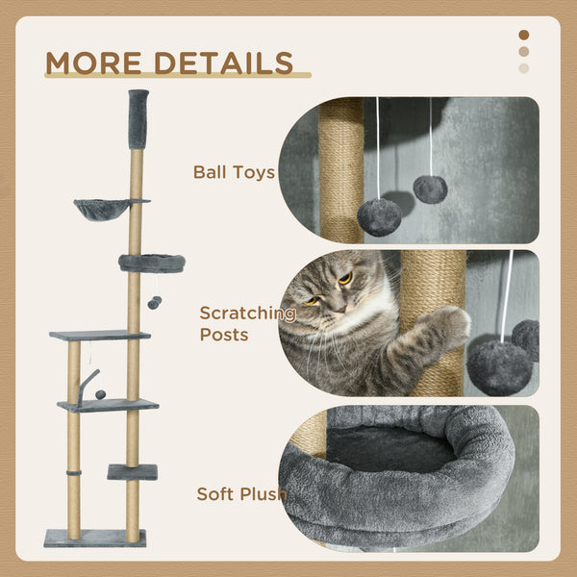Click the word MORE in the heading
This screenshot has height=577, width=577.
tap(90, 63)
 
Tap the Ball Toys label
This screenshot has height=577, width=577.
tap(234, 173)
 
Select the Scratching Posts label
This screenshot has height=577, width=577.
tap(247, 323)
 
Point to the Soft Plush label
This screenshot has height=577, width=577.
tap(241, 494)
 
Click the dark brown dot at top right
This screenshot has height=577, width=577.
tap(524, 35)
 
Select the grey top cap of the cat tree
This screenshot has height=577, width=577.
tap(138, 118)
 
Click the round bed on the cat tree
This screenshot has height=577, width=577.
tap(151, 263)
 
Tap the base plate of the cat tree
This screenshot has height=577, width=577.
tap(94, 538)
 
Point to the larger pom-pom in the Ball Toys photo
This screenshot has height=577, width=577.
tap(380, 216)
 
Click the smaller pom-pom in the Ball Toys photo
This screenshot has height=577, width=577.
tap(430, 189)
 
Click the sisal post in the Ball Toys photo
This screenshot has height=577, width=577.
tap(341, 169)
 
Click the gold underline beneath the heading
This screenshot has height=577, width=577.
tap(178, 76)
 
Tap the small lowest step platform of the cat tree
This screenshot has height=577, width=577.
tap(132, 471)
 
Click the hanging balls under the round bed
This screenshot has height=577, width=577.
tap(153, 303)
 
